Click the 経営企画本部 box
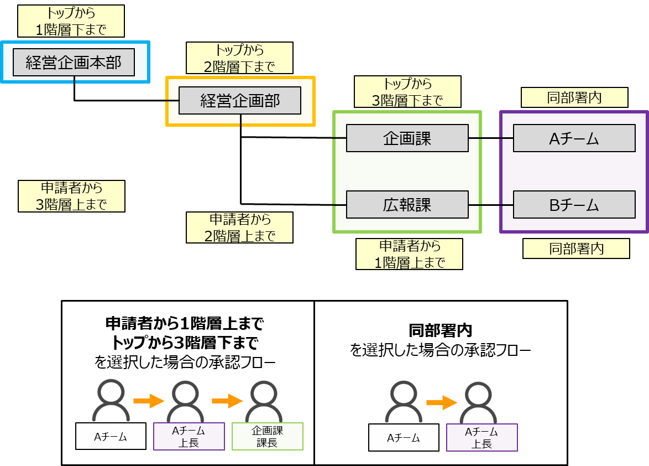pos(74,63)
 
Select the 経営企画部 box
pos(240,100)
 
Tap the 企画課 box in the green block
pos(407,138)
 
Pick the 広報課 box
pos(407,205)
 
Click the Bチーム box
pos(574,205)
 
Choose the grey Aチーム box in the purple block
pos(574,138)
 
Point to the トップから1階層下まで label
pos(71,22)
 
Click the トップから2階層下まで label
pos(239,58)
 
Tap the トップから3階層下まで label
pos(407,92)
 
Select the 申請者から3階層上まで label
pos(71,196)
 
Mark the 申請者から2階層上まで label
pos(239,227)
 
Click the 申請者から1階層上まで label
pos(409,254)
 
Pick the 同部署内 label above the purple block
pos(574,98)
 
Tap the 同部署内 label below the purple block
pos(576,248)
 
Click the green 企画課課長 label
pos(268,436)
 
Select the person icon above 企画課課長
pos(264,400)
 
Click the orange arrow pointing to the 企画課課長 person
pos(227,401)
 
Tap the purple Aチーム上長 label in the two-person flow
pos(482,437)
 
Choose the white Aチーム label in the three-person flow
pos(111,436)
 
